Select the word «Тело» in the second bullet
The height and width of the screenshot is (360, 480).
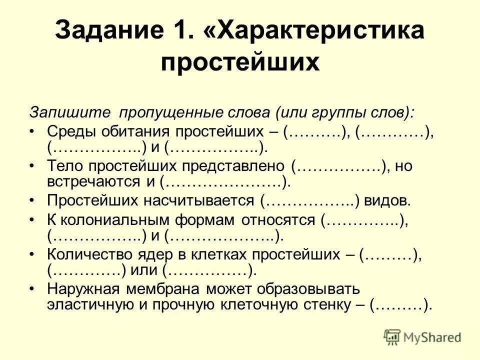pos(63,166)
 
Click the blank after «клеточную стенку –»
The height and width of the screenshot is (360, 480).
pos(400,305)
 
